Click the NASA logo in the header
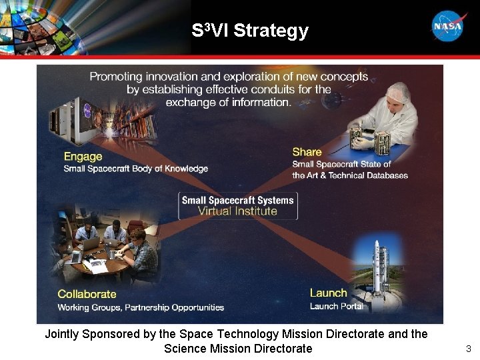[449, 27]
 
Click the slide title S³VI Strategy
[249, 31]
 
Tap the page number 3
[468, 349]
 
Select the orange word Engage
[83, 157]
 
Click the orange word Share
[307, 152]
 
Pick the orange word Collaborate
[87, 294]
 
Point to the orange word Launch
[328, 293]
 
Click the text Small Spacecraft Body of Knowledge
[135, 169]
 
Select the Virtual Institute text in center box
[237, 211]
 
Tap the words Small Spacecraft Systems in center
[237, 200]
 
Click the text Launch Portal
[337, 307]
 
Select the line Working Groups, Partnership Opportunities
[141, 307]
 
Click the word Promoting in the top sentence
[117, 77]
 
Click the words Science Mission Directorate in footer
[238, 349]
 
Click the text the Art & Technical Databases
[350, 175]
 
